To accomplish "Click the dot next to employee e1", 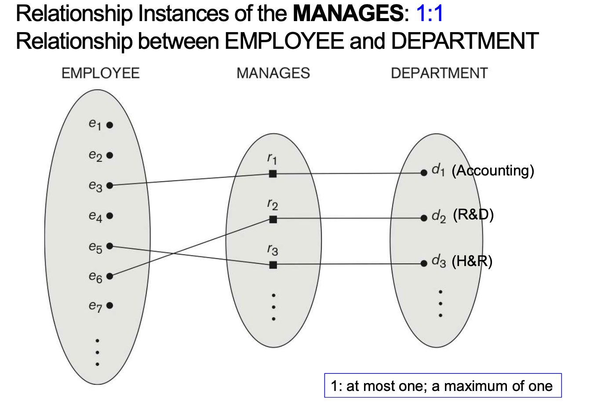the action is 109,125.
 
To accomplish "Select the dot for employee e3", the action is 109,186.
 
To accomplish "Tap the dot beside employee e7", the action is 109,305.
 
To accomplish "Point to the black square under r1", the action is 273,174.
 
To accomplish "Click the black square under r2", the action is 273,219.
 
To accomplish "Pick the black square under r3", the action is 273,265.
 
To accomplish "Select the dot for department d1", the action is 423,173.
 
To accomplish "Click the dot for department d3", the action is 423,263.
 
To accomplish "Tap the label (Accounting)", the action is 493,171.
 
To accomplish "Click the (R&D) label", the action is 473,215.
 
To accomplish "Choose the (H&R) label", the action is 472,261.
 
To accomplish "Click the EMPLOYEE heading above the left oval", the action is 100,73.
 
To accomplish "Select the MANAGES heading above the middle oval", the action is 273,73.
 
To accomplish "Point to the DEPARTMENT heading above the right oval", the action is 439,73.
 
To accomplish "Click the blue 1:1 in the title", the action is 429,14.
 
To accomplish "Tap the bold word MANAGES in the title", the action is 348,14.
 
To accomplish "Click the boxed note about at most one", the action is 443,386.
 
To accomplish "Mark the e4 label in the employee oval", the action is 95,216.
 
